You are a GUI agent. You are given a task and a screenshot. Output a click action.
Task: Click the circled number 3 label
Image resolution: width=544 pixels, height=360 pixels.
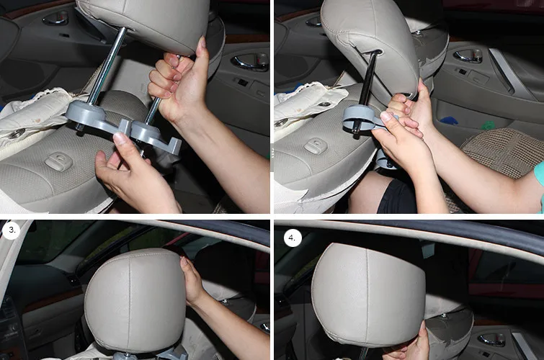tap(12, 230)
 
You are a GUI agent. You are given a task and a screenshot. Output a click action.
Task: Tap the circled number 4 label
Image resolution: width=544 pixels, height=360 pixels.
tap(293, 238)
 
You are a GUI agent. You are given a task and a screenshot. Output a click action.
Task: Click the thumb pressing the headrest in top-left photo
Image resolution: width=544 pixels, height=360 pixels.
tap(202, 48)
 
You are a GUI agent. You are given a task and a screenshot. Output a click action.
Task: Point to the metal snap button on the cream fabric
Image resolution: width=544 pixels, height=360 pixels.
tap(17, 133)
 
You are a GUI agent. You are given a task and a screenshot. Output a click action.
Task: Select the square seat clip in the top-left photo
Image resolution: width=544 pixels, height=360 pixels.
tap(58, 161)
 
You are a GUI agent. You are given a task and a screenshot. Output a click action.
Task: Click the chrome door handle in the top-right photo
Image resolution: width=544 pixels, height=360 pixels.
tap(468, 55)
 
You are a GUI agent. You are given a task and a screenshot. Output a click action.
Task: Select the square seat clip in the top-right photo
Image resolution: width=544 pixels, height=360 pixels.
tap(316, 145)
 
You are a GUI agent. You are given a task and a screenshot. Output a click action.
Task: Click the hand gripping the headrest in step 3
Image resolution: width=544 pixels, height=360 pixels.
tap(192, 282)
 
